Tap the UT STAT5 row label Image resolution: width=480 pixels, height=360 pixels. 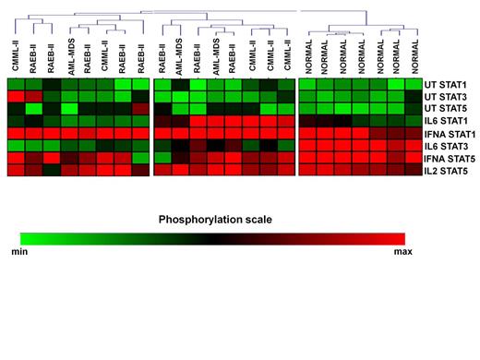tap(447, 108)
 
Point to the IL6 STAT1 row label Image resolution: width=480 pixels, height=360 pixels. tap(447, 121)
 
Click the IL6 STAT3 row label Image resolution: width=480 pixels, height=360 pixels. tap(447, 146)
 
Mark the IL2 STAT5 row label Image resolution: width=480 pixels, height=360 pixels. tap(447, 171)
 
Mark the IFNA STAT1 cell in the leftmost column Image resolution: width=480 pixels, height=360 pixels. tap(16, 133)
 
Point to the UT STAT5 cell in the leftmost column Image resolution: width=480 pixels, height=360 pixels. tap(16, 108)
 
